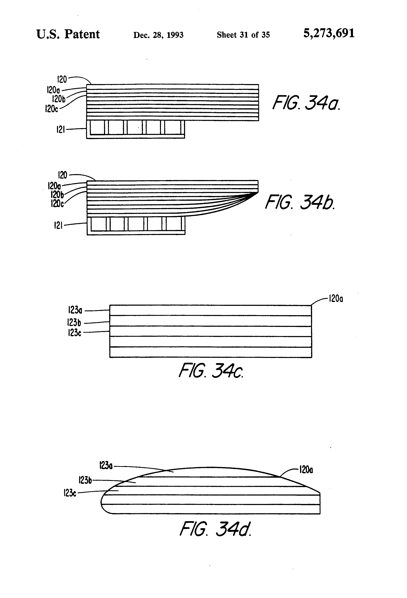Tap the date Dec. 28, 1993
158,35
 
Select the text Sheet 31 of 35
243,35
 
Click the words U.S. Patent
68,34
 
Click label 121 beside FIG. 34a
61,129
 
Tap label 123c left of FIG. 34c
75,333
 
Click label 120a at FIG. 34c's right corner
336,299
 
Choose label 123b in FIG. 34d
85,480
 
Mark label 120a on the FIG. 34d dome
306,470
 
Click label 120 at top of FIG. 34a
62,79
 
